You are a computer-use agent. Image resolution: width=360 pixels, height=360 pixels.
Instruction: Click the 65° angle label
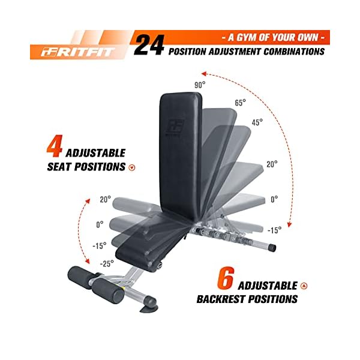coord(240,103)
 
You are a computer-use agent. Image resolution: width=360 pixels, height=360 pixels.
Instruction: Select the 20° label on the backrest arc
coord(272,164)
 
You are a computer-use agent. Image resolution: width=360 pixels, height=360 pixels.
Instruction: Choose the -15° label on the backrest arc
coord(274,230)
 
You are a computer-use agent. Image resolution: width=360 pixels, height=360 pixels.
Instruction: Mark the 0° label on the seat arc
coord(100,224)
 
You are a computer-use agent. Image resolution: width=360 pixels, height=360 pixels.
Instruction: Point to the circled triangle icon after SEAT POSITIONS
coord(132,167)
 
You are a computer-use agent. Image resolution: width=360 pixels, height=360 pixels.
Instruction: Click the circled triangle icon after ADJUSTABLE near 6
coord(304,286)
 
